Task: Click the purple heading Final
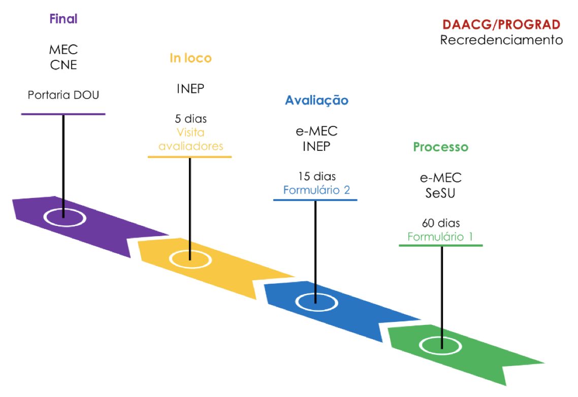coord(63,20)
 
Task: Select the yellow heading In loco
coord(190,58)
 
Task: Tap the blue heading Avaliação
coord(316,101)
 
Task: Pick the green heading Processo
coord(440,147)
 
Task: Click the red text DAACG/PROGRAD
coord(502,24)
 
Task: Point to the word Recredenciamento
coord(502,40)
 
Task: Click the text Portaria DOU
coord(63,95)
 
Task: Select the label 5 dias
coord(190,120)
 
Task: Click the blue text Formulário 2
coord(316,190)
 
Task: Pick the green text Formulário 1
coord(440,237)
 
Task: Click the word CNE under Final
coord(63,64)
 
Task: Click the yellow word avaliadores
coord(190,147)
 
